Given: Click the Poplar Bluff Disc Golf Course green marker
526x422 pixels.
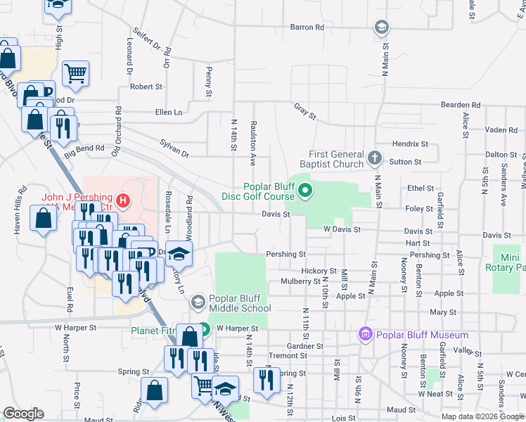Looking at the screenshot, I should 305,190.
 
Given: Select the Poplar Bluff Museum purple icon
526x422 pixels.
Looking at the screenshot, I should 365,333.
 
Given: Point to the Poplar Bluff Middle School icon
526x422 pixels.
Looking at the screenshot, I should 198,302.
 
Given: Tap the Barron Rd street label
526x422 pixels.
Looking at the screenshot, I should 307,27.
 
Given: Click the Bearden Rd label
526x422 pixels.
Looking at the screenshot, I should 460,105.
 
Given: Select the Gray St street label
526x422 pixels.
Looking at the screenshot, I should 305,110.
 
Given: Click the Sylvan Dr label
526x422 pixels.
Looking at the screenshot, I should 174,148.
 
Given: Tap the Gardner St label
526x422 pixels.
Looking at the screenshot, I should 305,346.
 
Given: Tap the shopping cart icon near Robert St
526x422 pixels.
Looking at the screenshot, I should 75,73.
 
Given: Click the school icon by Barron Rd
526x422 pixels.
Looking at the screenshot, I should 380,27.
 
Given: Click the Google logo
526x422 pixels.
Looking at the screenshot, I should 23,414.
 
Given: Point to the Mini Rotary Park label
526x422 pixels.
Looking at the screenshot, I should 509,262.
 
